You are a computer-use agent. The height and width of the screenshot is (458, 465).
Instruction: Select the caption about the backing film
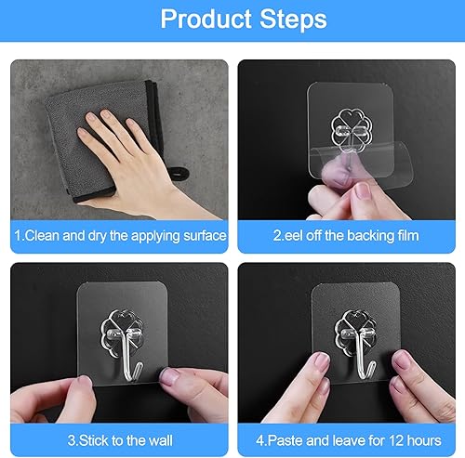346,235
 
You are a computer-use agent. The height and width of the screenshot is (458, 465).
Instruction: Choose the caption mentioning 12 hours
346,434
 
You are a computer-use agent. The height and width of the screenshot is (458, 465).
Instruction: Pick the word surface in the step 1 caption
201,235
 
